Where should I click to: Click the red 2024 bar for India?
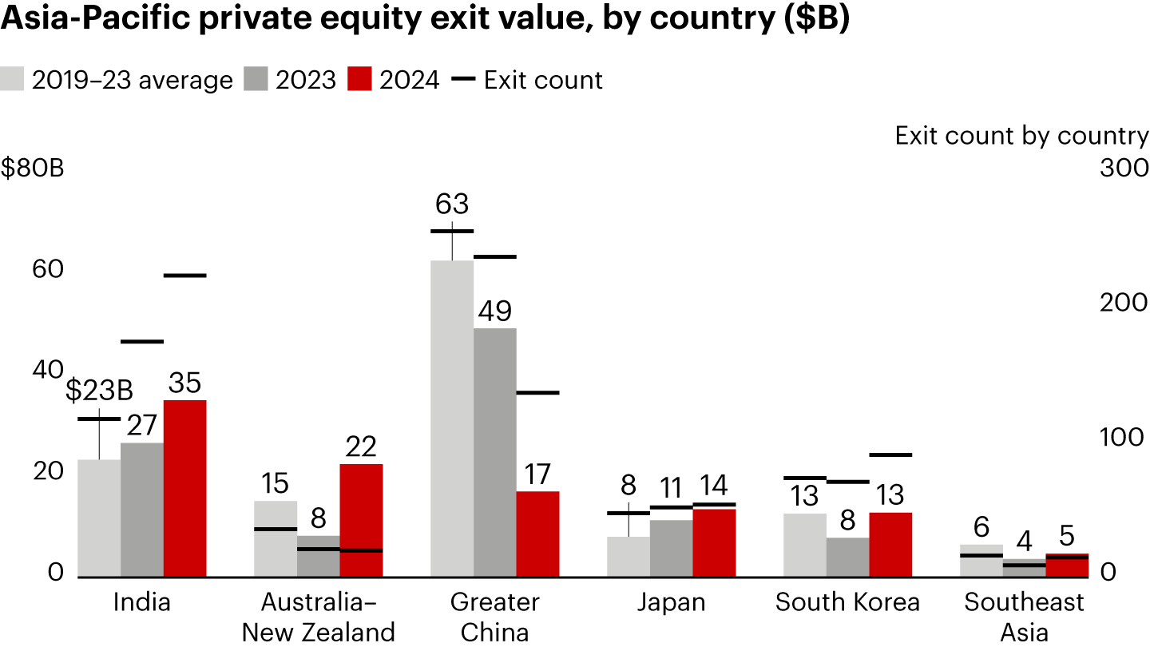[x=184, y=488]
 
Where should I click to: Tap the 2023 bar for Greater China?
[x=494, y=452]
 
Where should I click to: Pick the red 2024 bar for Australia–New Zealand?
[x=361, y=520]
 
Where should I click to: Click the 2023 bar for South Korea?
[x=847, y=557]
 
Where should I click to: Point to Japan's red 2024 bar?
[x=714, y=542]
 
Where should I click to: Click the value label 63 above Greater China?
[x=452, y=204]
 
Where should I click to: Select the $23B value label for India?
[x=99, y=391]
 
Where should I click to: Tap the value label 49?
[x=494, y=312]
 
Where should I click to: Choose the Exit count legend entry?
[x=527, y=80]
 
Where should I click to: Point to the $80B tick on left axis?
[x=31, y=170]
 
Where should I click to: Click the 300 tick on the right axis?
[x=1124, y=169]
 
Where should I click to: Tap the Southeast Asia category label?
[x=1025, y=616]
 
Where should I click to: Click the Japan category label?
[x=671, y=601]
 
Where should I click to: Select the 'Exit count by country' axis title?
[x=1021, y=136]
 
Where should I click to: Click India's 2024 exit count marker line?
[x=184, y=276]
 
